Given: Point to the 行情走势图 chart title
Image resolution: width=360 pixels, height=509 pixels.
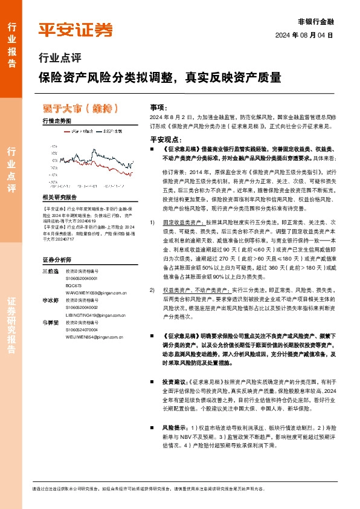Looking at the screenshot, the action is pyautogui.click(x=57, y=122).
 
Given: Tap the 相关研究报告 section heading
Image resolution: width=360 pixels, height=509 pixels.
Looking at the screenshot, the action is pyautogui.click(x=60, y=197).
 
